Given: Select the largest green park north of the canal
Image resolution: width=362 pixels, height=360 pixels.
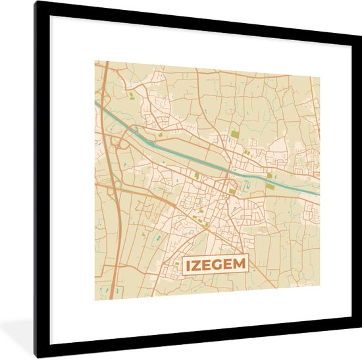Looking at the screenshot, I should (x=235, y=136).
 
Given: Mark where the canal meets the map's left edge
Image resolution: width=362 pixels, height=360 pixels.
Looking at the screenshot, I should (x=96, y=103).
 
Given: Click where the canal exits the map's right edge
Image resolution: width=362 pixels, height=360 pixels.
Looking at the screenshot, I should (x=319, y=193).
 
